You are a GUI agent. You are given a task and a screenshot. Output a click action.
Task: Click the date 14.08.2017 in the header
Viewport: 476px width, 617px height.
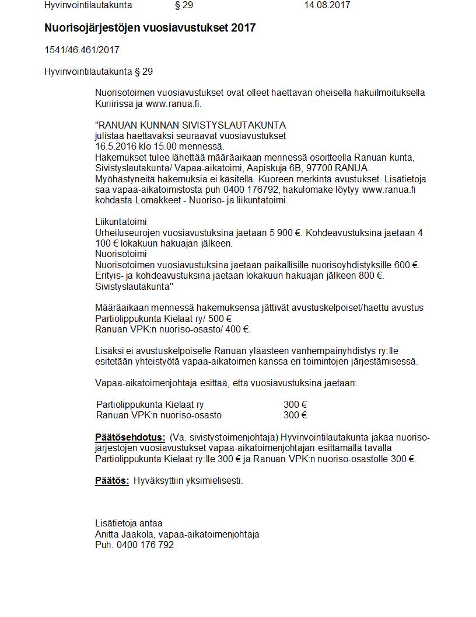coord(327,5)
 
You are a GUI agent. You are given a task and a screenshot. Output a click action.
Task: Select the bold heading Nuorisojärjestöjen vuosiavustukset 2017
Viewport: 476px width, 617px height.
coord(150,28)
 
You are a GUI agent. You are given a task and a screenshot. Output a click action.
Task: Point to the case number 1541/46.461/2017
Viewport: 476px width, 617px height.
coord(82,50)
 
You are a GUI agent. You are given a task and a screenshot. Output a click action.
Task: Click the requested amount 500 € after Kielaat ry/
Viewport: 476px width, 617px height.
coord(220,318)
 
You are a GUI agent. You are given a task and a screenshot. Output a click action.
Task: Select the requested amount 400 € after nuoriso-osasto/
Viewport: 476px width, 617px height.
coord(237,329)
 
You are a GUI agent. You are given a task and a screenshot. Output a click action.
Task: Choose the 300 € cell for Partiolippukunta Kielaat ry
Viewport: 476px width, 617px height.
coord(295,405)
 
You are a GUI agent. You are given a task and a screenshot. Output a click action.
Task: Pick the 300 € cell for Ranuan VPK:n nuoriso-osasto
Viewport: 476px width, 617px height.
coord(295,415)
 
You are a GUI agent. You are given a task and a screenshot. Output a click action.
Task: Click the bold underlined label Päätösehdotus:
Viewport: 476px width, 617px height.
coord(130,438)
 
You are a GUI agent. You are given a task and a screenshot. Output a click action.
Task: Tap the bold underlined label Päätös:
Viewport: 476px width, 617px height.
coord(111,481)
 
